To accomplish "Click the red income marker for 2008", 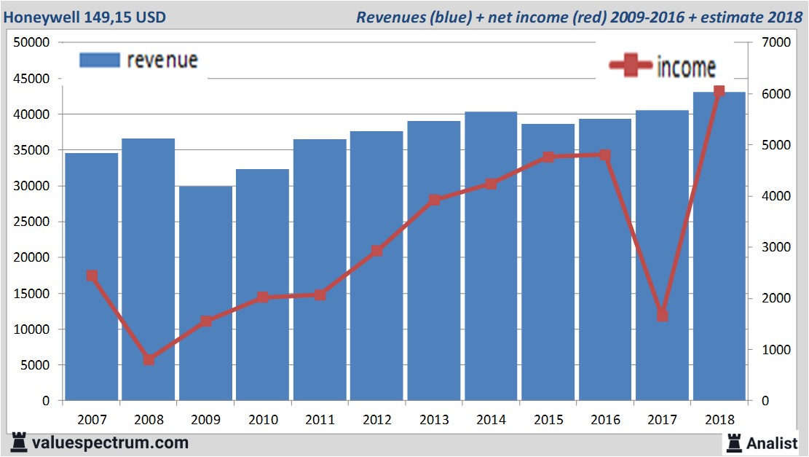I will pos(149,359).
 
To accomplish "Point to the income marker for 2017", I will pos(662,316).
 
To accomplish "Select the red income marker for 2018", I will pos(719,91).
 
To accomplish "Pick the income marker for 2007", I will pos(92,276).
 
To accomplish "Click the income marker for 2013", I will pos(434,200).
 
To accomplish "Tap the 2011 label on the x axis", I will pos(320,420).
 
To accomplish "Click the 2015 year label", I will pos(548,420).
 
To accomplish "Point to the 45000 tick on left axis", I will pos(32,78).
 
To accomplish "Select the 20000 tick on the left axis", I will pos(32,257).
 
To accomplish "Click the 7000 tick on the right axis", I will pos(773,42).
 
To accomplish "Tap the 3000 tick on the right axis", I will pos(773,247).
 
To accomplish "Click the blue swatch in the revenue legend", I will pos(98,60).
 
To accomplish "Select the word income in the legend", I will pos(686,67).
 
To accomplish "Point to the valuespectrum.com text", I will pos(110,442).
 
